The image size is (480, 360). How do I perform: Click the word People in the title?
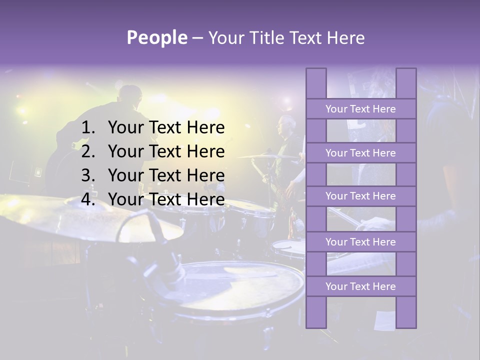[156, 37]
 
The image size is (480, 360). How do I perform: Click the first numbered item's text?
[166, 128]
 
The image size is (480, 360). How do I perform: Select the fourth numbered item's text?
[166, 199]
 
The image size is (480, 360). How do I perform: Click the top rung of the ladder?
[360, 109]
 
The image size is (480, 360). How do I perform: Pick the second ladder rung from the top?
[360, 153]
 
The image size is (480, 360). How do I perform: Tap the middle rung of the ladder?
[360, 196]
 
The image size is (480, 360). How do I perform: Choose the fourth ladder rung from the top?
[360, 242]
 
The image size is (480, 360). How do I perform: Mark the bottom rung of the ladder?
[360, 286]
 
